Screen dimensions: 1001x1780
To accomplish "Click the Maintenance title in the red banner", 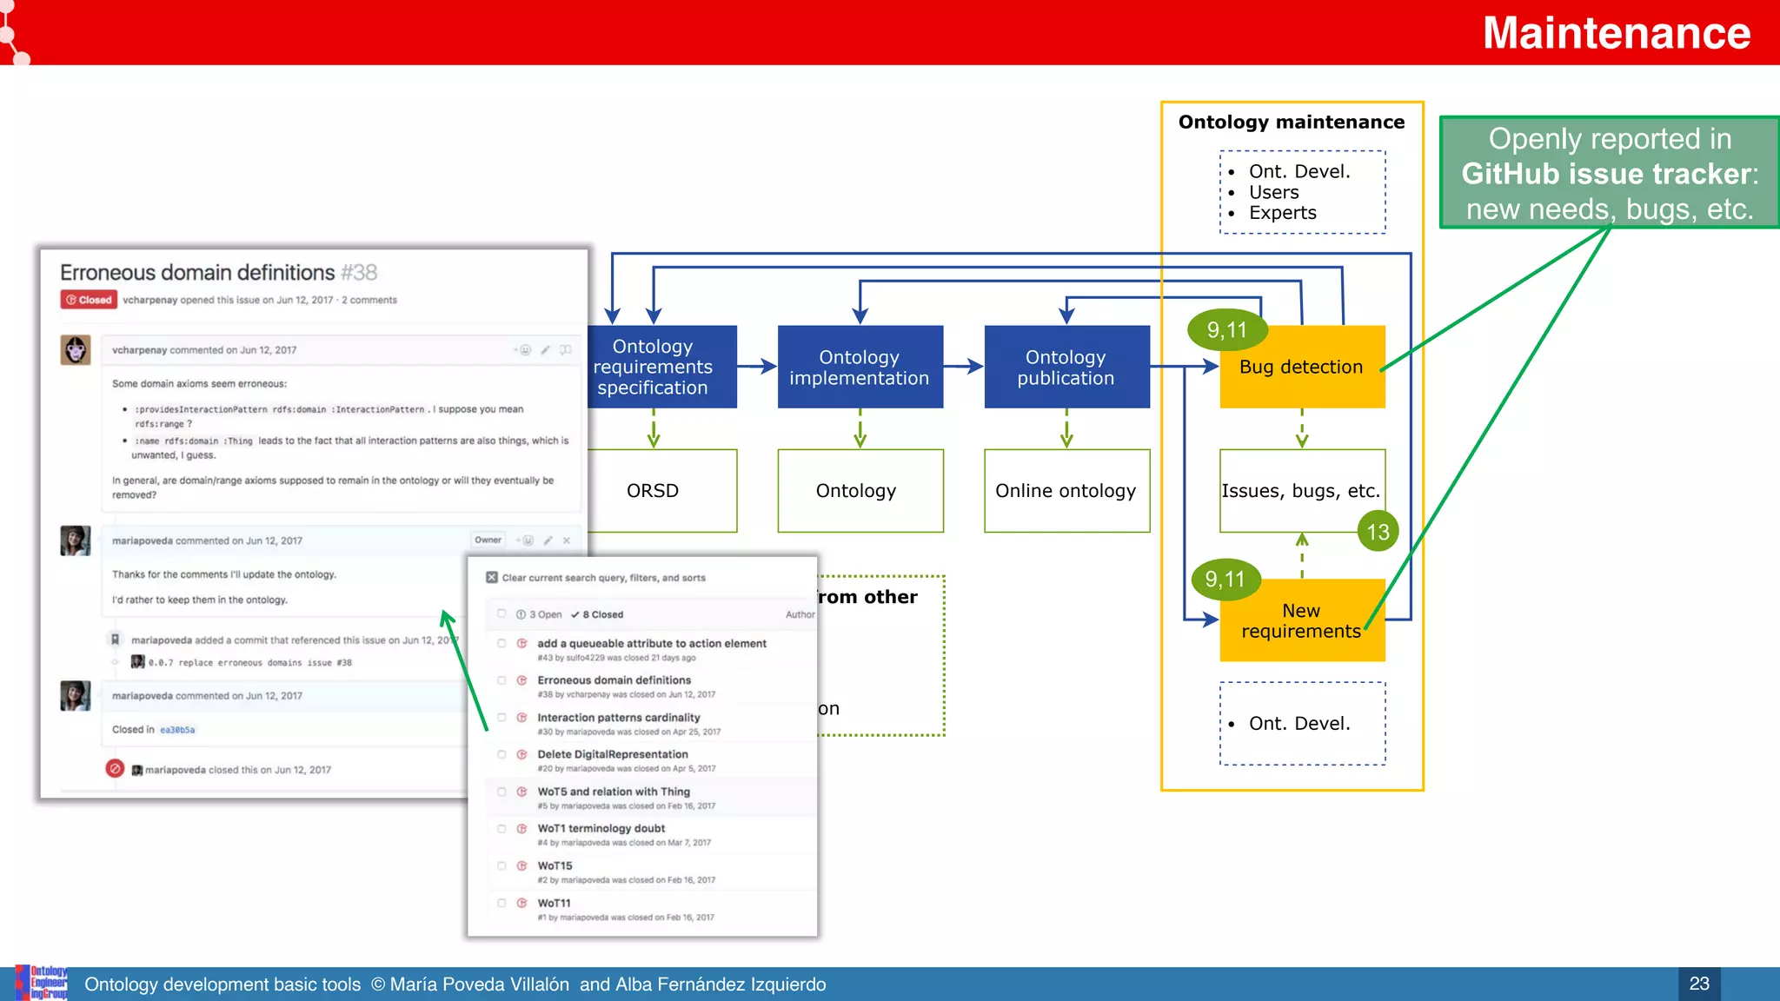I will pos(1616,33).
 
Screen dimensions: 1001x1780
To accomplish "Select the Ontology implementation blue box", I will pos(860,368).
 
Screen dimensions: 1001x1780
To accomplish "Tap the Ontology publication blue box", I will pos(1066,368).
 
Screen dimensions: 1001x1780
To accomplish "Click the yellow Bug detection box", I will pos(1301,368).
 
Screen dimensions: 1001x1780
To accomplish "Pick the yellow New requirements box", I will pos(1301,620).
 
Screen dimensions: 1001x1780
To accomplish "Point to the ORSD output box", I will pos(653,491).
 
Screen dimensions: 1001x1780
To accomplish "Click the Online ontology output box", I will pos(1066,491).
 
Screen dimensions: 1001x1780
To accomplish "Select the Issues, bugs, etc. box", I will pos(1300,491).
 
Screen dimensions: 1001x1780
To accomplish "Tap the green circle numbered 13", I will pos(1378,532).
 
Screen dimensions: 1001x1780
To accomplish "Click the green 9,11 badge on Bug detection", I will pos(1226,330).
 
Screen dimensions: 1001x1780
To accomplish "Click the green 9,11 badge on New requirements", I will pos(1225,580).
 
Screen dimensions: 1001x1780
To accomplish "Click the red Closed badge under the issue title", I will pos(89,300).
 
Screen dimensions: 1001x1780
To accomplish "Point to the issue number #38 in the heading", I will pos(359,273).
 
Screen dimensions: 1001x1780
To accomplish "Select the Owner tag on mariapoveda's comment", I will pos(488,540).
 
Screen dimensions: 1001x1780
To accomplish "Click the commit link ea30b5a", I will pos(177,730).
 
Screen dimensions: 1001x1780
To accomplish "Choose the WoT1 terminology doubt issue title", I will pos(601,828).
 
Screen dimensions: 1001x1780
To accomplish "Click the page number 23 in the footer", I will pos(1698,984).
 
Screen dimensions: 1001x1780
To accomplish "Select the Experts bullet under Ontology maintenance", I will pos(1282,213).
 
